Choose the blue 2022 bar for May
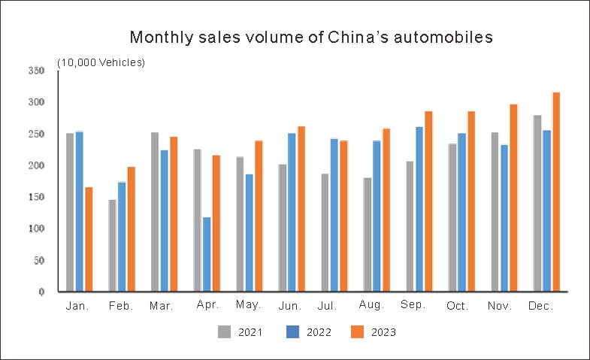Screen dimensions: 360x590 point(249,232)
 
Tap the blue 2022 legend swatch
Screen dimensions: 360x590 point(294,331)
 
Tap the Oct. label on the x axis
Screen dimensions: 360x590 point(457,307)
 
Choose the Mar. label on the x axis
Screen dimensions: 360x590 point(162,307)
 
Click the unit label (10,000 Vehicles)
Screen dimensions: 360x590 point(101,62)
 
